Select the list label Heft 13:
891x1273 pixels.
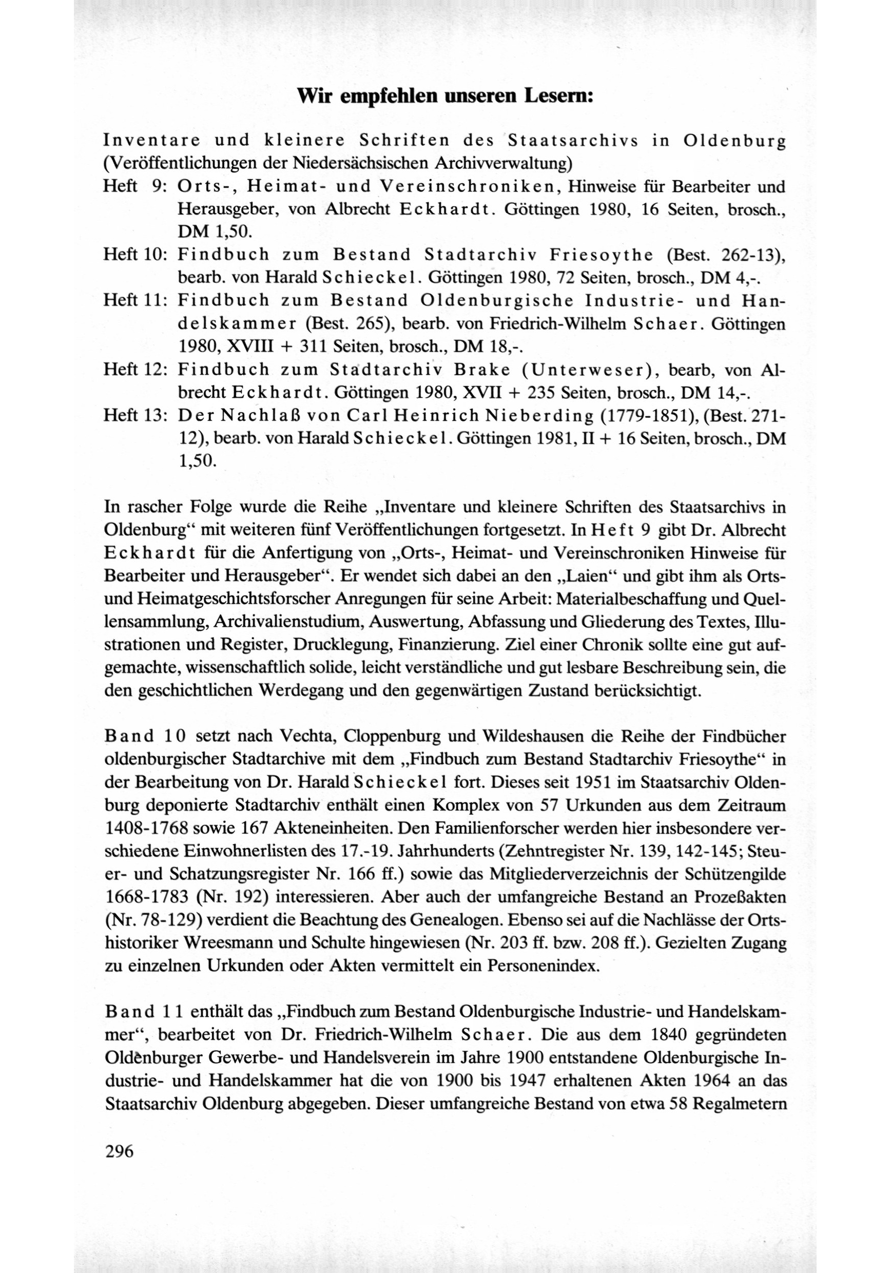pyautogui.click(x=136, y=415)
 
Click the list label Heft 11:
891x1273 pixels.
pyautogui.click(x=136, y=300)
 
